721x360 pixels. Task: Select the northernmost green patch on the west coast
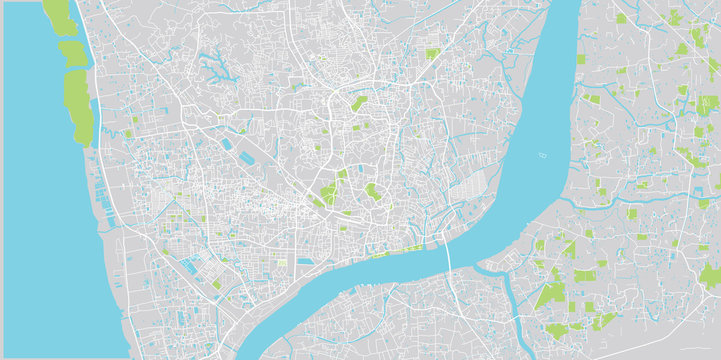pyautogui.click(x=59, y=15)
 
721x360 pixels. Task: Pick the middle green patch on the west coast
pyautogui.click(x=71, y=52)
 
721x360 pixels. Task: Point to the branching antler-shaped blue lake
pyautogui.click(x=214, y=68)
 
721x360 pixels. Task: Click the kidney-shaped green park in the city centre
pyautogui.click(x=373, y=191)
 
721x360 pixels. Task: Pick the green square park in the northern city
pyautogui.click(x=433, y=53)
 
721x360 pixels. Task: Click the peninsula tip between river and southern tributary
pyautogui.click(x=487, y=268)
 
